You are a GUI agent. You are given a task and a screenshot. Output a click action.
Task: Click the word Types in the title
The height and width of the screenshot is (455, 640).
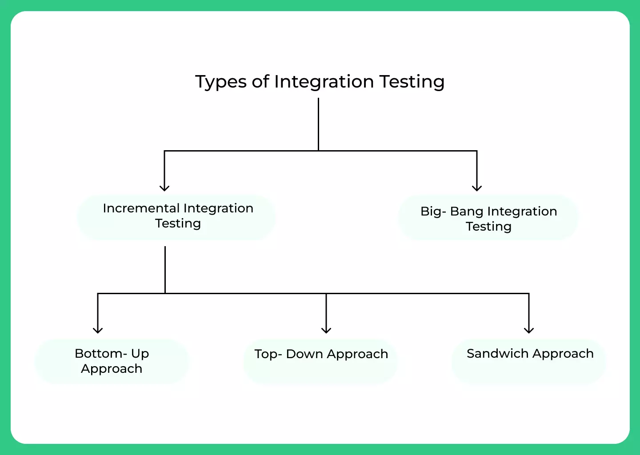click(x=220, y=82)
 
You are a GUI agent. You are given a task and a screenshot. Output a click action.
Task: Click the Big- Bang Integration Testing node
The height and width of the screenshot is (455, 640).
click(x=488, y=218)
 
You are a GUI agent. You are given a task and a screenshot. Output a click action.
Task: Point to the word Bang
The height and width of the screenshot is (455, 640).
click(x=467, y=212)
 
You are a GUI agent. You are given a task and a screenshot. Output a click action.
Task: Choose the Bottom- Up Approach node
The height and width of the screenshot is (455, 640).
click(x=112, y=361)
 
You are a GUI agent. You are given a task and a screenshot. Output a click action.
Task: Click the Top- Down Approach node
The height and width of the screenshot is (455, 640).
click(x=321, y=360)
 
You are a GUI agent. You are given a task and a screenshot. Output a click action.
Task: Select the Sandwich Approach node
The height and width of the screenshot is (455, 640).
click(x=529, y=360)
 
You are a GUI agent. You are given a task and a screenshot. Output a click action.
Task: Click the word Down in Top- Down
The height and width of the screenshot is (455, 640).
click(x=304, y=354)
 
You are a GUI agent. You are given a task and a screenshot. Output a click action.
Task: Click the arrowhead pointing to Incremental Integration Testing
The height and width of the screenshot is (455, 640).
click(x=164, y=188)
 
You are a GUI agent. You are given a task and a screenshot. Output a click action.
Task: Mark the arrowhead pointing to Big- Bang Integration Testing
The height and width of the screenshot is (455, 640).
click(x=477, y=188)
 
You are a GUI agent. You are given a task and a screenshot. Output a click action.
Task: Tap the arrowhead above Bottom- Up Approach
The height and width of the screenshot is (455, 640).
click(x=98, y=330)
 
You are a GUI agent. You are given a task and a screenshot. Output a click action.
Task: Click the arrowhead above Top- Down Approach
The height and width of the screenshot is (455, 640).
click(x=326, y=330)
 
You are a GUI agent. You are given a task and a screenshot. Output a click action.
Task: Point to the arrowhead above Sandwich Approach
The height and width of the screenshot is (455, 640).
click(x=529, y=330)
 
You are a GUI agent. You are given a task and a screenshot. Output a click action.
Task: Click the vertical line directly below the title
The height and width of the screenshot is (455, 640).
click(x=319, y=124)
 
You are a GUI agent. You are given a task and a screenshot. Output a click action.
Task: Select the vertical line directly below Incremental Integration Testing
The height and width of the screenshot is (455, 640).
click(x=165, y=269)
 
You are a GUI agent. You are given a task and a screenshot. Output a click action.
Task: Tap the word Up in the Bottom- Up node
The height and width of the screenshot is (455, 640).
click(x=140, y=354)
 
